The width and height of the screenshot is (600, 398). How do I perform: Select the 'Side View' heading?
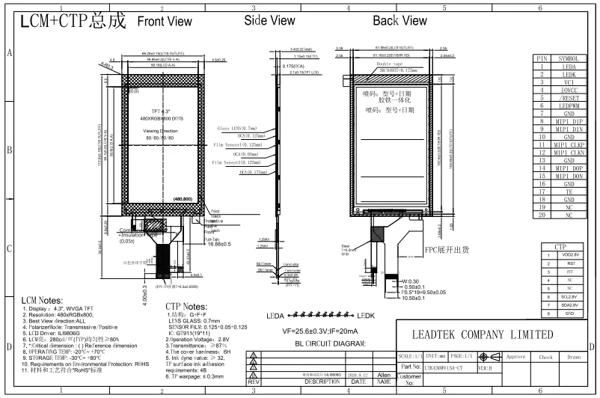tap(269, 22)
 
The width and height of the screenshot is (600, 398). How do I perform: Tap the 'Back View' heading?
tap(400, 22)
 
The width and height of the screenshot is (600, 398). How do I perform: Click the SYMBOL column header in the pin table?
tap(572, 58)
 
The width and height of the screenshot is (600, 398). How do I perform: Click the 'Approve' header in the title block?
tap(516, 357)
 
